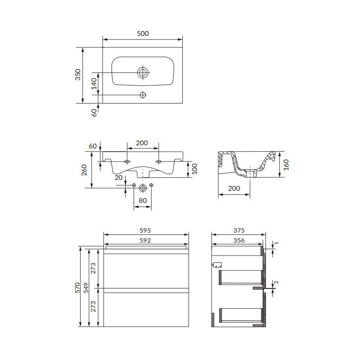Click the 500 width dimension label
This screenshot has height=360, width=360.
[x=143, y=33]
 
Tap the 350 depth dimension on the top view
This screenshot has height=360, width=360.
[x=78, y=75]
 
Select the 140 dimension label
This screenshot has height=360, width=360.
[x=94, y=84]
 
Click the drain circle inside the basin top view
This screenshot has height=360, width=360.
[x=143, y=72]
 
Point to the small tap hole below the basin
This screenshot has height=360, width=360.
[x=143, y=95]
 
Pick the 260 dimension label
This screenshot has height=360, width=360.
[x=84, y=170]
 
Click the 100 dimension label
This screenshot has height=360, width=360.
[x=194, y=169]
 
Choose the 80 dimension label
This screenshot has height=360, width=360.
[x=143, y=201]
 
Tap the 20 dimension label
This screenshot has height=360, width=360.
[x=118, y=178]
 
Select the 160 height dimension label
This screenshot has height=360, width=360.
[x=286, y=165]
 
